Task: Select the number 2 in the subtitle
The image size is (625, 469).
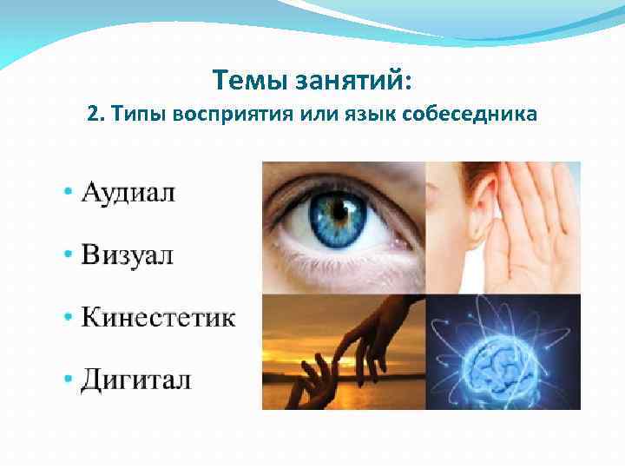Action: pyautogui.click(x=93, y=115)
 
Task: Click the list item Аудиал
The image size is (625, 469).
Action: pyautogui.click(x=128, y=192)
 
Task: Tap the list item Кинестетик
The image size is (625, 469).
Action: pyautogui.click(x=158, y=317)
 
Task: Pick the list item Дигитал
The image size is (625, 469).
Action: pyautogui.click(x=136, y=380)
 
